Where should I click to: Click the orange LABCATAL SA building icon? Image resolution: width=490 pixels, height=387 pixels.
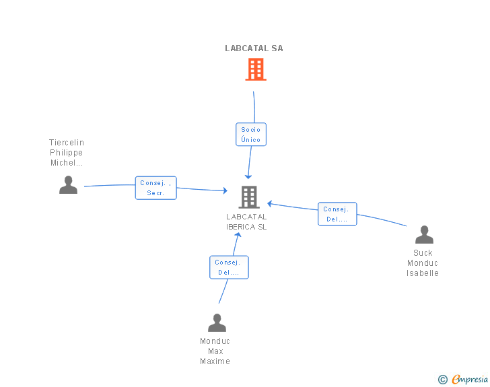pos(256,69)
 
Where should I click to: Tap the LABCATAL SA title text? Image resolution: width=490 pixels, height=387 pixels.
pos(254,48)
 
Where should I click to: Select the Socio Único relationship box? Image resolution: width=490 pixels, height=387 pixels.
pos(251,135)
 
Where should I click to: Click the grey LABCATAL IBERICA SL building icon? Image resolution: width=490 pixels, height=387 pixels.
pos(249,197)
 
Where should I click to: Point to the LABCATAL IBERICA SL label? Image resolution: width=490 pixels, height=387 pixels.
pos(246,222)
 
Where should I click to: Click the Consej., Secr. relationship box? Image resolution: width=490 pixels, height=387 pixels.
pos(156,188)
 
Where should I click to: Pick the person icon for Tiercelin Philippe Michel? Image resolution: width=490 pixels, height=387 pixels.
pos(68,184)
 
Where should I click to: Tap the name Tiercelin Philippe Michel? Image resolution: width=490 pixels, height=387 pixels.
pos(67,153)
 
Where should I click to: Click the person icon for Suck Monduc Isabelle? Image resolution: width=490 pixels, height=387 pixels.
pos(424,234)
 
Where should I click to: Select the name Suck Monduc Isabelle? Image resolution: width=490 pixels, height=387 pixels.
pos(423,263)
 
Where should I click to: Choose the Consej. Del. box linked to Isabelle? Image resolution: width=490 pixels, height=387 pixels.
pos(337,214)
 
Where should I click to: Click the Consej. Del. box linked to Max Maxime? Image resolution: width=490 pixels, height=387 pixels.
pos(229,267)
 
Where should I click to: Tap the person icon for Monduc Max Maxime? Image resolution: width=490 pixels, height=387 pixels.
pos(217,322)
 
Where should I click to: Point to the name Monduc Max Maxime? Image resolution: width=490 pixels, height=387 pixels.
pos(215,351)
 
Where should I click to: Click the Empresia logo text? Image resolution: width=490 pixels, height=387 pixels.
pos(470,379)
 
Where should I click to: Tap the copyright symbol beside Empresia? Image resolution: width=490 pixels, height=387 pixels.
pos(443,380)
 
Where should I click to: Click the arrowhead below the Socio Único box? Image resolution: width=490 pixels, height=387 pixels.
pos(248,176)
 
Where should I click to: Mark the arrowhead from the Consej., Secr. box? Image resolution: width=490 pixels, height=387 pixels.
pos(225,190)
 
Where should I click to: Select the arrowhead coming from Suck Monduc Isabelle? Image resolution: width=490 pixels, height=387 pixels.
pos(270,204)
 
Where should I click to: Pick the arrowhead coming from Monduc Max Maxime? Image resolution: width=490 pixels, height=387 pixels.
pos(238,235)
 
